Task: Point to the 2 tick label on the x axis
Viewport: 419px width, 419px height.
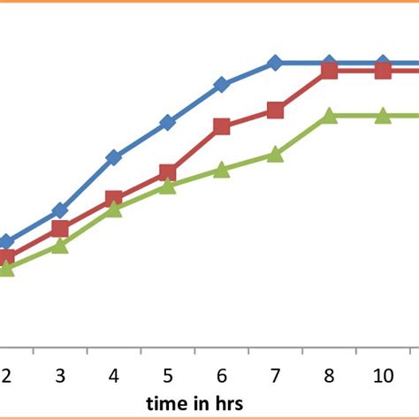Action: point(6,376)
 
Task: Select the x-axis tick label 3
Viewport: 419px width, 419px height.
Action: point(60,376)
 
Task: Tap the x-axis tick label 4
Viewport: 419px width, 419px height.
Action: point(114,376)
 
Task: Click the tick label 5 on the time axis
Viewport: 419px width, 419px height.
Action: point(168,376)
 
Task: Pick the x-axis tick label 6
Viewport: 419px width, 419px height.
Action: point(222,376)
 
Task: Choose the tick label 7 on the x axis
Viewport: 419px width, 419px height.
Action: point(276,376)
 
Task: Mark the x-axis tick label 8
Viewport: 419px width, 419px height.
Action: point(330,376)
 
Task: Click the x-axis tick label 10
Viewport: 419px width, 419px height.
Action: point(383,376)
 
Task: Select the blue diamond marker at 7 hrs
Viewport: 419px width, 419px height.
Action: point(275,64)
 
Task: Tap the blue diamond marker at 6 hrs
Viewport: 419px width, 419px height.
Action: point(221,85)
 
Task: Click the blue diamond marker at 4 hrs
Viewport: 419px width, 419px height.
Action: point(114,158)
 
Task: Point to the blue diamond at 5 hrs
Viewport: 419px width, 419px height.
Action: point(168,123)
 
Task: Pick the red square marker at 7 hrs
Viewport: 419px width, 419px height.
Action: point(275,110)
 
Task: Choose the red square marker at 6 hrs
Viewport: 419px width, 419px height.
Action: point(221,126)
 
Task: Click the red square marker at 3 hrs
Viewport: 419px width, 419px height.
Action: point(60,229)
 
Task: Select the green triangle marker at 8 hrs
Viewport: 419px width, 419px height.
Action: point(329,116)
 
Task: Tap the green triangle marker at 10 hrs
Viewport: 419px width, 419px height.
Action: point(383,116)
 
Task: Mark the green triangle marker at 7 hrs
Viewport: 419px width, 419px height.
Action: point(275,155)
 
